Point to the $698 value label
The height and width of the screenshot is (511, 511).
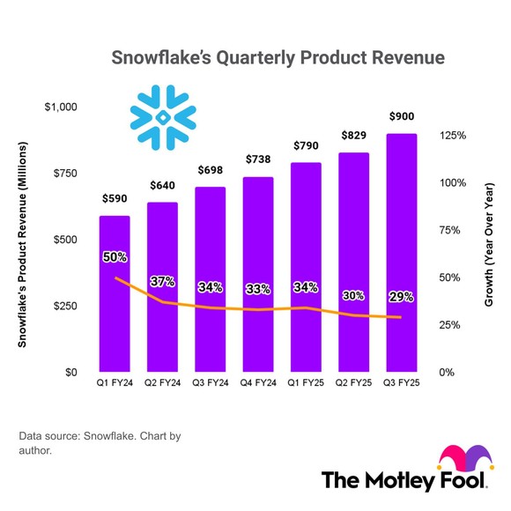tap(211, 168)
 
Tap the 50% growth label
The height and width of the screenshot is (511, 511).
tap(115, 258)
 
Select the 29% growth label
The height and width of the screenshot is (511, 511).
tap(401, 298)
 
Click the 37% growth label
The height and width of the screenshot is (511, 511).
tap(162, 282)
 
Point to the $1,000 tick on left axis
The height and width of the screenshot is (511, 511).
tap(62, 107)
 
